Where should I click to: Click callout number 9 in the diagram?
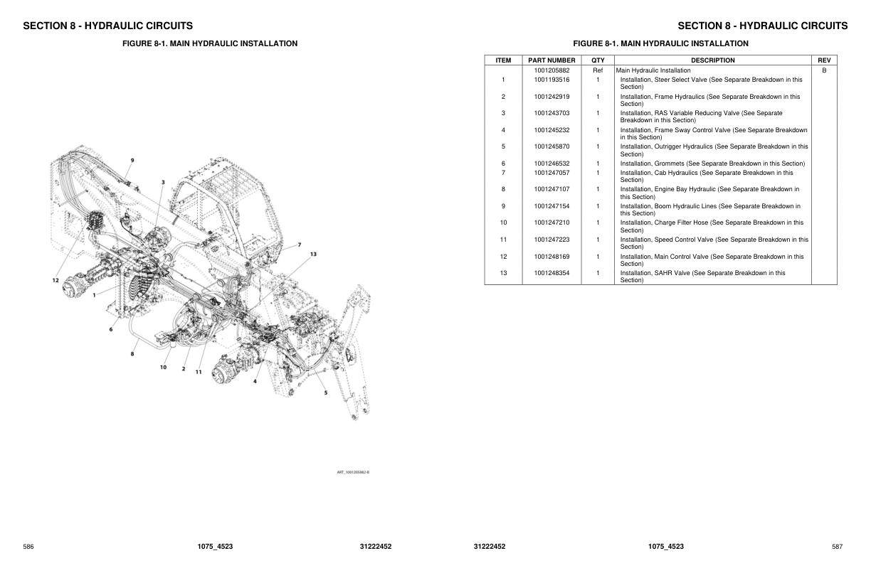[132, 160]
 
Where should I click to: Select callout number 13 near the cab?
[313, 254]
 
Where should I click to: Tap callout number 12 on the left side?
[55, 280]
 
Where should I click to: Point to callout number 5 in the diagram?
[326, 392]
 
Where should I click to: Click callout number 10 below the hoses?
[163, 368]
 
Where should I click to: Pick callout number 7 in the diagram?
[299, 245]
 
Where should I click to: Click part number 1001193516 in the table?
[551, 80]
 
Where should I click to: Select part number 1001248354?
[551, 273]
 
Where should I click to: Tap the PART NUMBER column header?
[551, 60]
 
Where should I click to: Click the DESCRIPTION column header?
[712, 60]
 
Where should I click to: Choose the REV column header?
[824, 60]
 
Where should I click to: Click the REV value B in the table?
[824, 70]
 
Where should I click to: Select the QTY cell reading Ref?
[598, 70]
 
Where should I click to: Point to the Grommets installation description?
[712, 163]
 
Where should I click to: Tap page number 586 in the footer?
[28, 547]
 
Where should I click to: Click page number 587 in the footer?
[837, 547]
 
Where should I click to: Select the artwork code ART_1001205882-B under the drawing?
[353, 472]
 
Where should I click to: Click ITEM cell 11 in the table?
[503, 240]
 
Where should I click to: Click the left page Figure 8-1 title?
[210, 43]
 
